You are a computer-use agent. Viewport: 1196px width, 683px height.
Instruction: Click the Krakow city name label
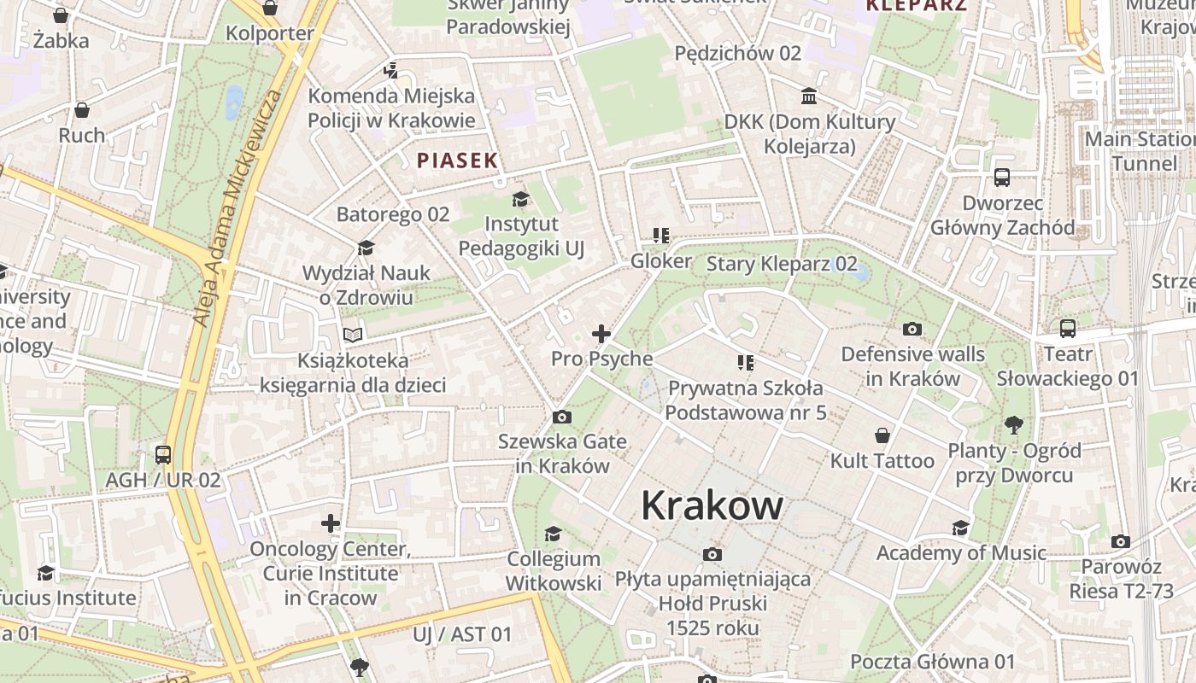(x=712, y=505)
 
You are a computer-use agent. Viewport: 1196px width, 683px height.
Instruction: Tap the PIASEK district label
(x=457, y=160)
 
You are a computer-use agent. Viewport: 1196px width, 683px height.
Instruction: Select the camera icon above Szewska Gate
(x=561, y=417)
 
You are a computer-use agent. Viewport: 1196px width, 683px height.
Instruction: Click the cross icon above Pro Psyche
(x=601, y=333)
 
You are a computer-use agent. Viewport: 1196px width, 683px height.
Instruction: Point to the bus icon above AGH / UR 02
(x=163, y=454)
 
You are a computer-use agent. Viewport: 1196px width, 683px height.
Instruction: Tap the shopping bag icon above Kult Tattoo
(x=882, y=435)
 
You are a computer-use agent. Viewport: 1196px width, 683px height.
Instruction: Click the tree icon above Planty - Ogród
(x=1014, y=424)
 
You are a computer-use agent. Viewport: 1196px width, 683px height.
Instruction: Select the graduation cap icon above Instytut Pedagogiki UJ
(x=520, y=200)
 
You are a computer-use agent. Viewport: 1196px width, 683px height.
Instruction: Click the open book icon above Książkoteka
(x=353, y=335)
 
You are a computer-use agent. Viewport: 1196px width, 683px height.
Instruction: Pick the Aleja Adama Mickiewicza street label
(x=237, y=209)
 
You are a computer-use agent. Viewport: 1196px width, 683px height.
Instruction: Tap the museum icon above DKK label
(x=809, y=95)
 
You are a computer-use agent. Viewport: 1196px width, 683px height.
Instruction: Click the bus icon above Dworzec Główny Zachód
(x=1002, y=178)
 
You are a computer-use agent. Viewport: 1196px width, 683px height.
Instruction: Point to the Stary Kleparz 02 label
(x=781, y=263)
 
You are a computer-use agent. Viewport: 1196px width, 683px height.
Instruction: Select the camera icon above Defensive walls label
(x=912, y=329)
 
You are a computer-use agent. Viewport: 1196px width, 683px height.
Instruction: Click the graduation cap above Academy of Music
(x=960, y=528)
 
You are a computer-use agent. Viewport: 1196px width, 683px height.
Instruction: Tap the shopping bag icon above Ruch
(x=82, y=110)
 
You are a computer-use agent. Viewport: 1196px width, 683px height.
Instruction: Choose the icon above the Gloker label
(x=660, y=235)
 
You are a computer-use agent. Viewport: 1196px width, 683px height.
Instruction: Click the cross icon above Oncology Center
(x=331, y=522)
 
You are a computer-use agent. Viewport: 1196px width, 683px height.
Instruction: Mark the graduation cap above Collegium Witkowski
(x=553, y=534)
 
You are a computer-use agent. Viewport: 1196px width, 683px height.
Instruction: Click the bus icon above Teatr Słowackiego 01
(x=1067, y=329)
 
